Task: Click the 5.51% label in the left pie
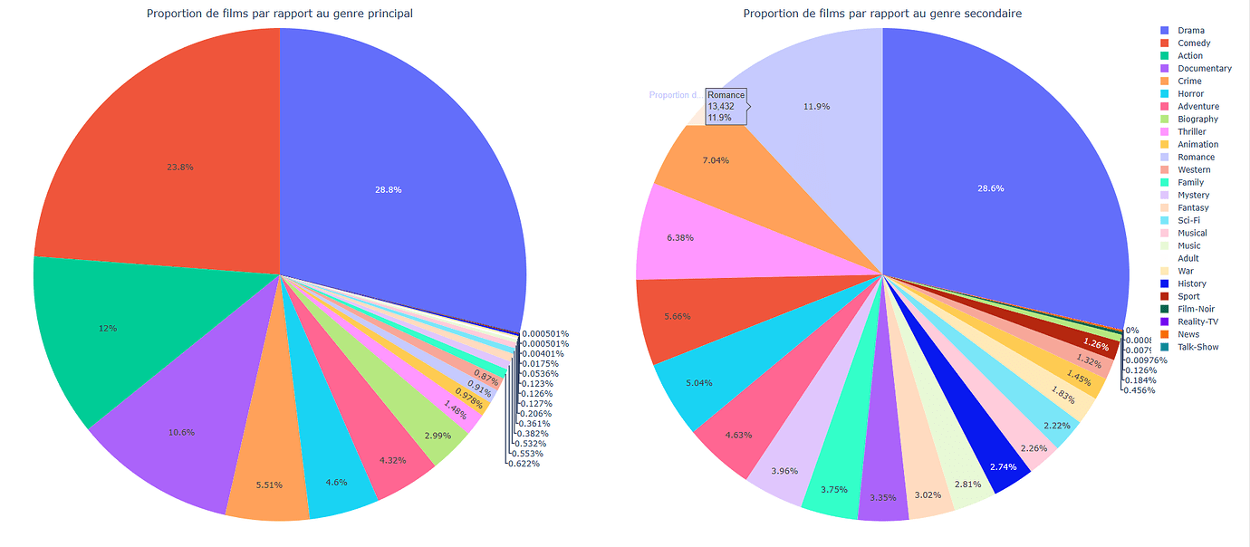(x=269, y=485)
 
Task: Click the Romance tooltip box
(x=726, y=106)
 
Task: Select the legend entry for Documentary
(x=1204, y=69)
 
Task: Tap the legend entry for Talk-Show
(x=1197, y=347)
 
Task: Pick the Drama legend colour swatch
(x=1165, y=31)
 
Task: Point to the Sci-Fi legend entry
(x=1190, y=220)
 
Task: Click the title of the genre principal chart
(x=280, y=14)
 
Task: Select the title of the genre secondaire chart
(x=882, y=14)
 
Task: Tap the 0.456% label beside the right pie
(x=1140, y=389)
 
